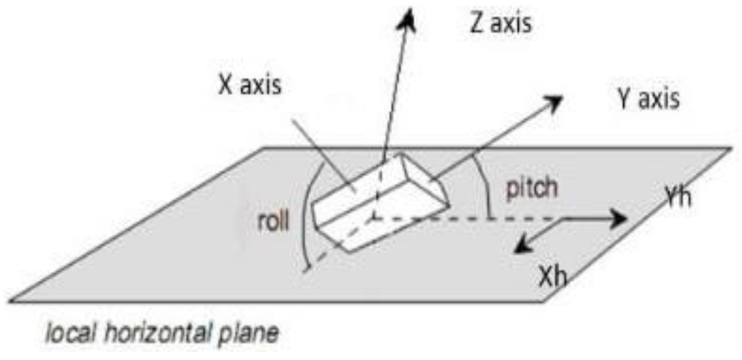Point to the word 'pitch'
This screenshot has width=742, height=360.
(532, 188)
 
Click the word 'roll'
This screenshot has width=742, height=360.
(274, 222)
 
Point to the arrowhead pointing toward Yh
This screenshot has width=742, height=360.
(617, 219)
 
